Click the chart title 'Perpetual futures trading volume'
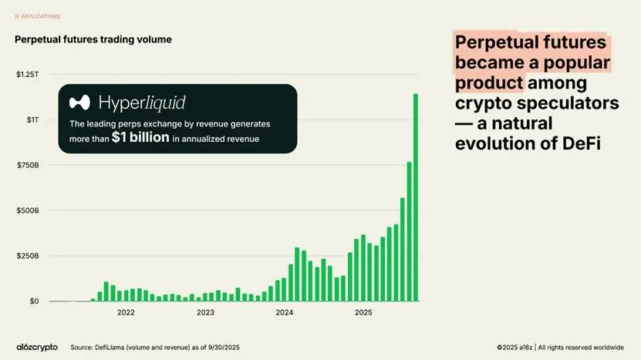click(x=93, y=39)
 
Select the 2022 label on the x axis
click(x=126, y=313)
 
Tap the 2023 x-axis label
click(x=205, y=313)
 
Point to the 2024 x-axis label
click(x=285, y=313)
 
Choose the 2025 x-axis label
click(x=363, y=313)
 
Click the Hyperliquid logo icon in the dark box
click(x=80, y=103)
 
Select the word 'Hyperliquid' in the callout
click(x=142, y=103)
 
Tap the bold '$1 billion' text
click(x=140, y=138)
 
